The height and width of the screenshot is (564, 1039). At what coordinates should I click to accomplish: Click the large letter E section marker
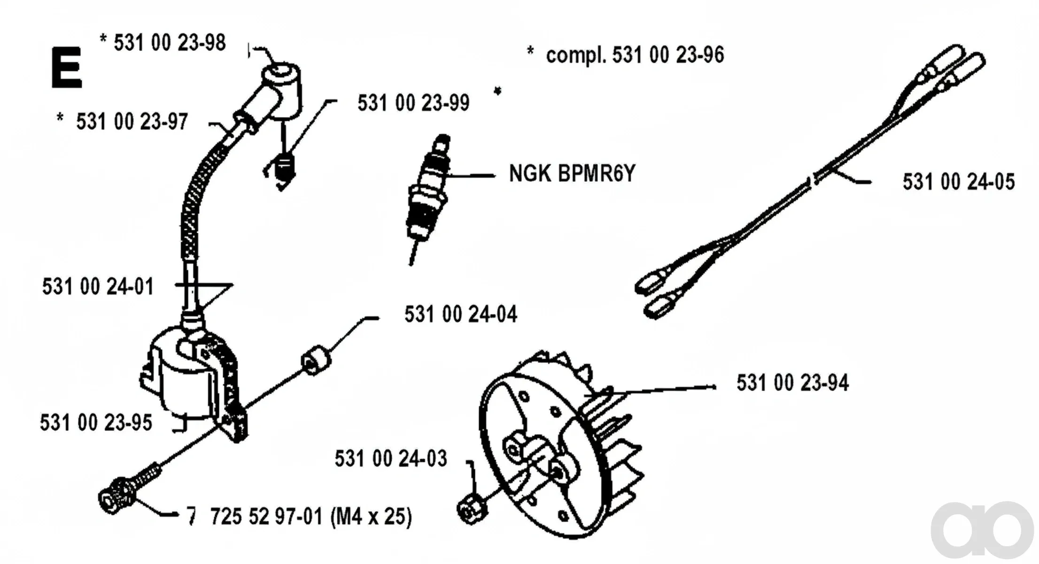coord(67,67)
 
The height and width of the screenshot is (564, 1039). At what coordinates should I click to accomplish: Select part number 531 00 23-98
coord(170,43)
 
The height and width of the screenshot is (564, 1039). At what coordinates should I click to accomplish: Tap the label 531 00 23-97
coord(132,122)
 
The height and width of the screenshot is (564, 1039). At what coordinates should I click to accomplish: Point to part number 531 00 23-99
coord(413,103)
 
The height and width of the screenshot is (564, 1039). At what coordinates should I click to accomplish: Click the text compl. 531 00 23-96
coord(635,55)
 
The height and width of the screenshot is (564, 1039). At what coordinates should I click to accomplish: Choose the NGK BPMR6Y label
coord(572,173)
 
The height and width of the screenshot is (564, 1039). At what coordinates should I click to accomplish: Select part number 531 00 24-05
coord(959,182)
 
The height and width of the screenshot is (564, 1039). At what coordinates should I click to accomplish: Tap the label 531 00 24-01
coord(98,287)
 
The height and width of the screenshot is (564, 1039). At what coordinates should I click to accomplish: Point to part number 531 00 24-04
coord(461,314)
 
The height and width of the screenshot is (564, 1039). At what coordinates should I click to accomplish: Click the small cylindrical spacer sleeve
coord(316,360)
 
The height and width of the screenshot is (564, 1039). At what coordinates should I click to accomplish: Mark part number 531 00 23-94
coord(792,383)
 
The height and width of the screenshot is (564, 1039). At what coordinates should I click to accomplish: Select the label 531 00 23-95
coord(96,423)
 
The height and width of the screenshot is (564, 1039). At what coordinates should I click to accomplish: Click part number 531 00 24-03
coord(391,459)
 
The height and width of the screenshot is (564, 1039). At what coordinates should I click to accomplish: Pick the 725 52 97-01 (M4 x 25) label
coord(311,517)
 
